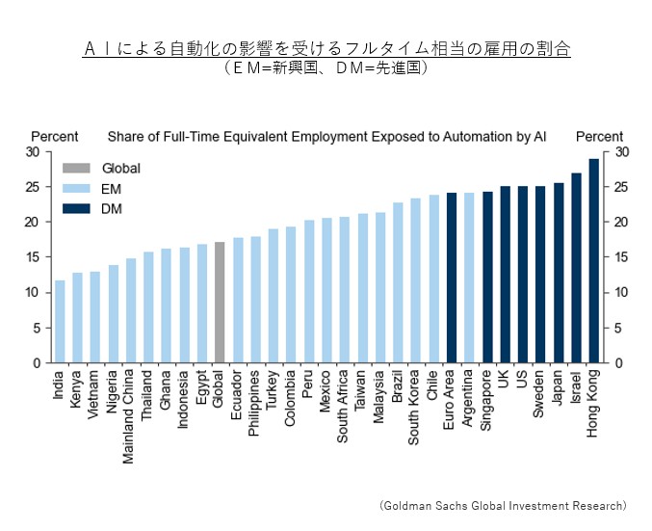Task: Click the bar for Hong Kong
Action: [594, 261]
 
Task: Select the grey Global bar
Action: [220, 303]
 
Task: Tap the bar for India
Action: [60, 322]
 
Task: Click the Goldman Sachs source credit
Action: [502, 505]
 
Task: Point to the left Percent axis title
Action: [55, 137]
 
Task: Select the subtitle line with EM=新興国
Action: [326, 68]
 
